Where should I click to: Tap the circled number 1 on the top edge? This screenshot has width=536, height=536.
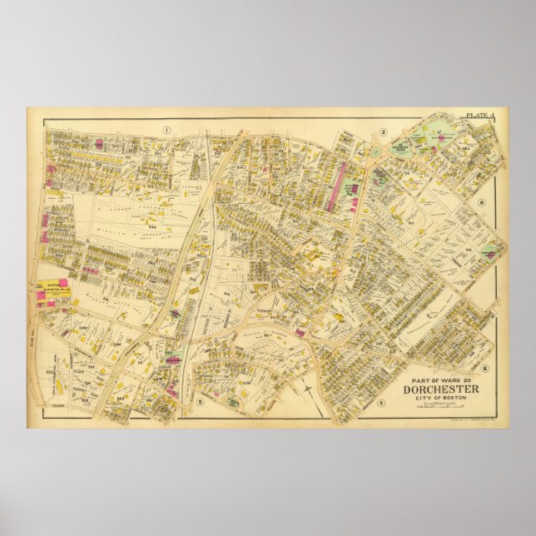[x=167, y=129]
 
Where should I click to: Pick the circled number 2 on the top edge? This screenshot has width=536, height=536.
[x=383, y=132]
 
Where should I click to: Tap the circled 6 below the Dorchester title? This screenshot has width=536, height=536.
[x=484, y=367]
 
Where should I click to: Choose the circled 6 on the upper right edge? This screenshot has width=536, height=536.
[x=481, y=202]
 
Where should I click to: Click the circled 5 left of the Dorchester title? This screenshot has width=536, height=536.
[x=380, y=404]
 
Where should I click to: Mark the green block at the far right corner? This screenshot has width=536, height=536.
[x=494, y=249]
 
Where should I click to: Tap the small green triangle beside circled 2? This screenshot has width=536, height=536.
[x=372, y=151]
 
